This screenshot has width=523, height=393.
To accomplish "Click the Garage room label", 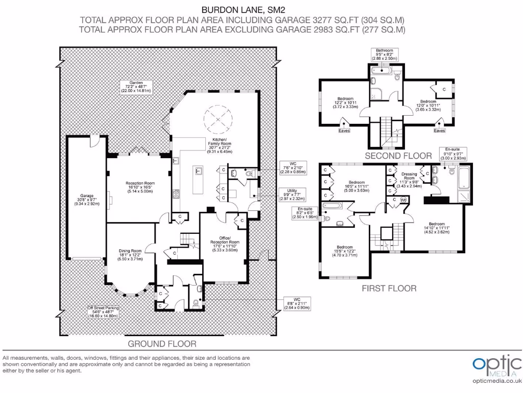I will pyautogui.click(x=85, y=200).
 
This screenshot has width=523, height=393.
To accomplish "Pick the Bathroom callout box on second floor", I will pyautogui.click(x=384, y=54).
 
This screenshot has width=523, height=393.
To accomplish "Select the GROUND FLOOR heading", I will pyautogui.click(x=162, y=343).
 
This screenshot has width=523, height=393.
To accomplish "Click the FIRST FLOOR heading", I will pyautogui.click(x=389, y=288).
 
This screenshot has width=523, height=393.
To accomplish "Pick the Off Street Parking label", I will pyautogui.click(x=102, y=312).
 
